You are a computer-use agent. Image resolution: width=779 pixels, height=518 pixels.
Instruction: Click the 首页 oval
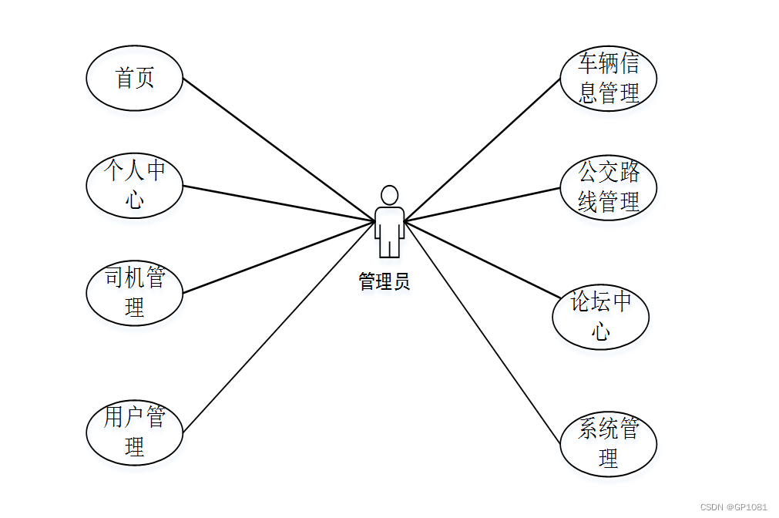pyautogui.click(x=135, y=79)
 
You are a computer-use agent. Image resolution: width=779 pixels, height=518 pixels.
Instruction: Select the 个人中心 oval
pyautogui.click(x=135, y=186)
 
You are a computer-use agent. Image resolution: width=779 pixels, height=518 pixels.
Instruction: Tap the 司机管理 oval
pyautogui.click(x=135, y=293)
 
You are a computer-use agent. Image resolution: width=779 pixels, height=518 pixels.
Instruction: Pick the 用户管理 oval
pyautogui.click(x=135, y=432)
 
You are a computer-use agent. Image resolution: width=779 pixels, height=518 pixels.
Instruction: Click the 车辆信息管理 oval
pyautogui.click(x=609, y=79)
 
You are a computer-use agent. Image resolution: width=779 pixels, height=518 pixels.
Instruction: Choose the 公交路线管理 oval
pyautogui.click(x=609, y=188)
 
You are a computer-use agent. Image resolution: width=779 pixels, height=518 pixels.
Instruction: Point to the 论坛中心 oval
pyautogui.click(x=601, y=317)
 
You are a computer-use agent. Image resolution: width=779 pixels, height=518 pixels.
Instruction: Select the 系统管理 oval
pyautogui.click(x=609, y=445)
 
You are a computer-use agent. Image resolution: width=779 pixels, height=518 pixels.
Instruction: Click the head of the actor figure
pyautogui.click(x=390, y=194)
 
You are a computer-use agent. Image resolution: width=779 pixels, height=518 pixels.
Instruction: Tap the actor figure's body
pyautogui.click(x=390, y=227)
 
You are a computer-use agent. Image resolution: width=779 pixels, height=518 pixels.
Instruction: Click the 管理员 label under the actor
pyautogui.click(x=384, y=282)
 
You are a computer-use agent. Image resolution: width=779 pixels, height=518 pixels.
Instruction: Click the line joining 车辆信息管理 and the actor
pyautogui.click(x=482, y=150)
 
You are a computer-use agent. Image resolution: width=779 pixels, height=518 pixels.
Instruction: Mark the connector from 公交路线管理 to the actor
pyautogui.click(x=482, y=204)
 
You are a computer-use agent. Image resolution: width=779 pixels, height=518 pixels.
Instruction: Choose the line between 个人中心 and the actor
pyautogui.click(x=277, y=203)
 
